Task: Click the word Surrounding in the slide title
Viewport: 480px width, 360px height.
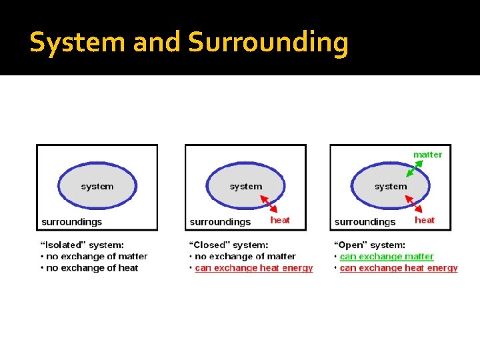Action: tap(268, 43)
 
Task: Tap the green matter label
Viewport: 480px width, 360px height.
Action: tap(427, 155)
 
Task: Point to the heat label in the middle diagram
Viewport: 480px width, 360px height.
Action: tap(280, 220)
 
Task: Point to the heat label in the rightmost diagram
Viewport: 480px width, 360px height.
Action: tap(425, 220)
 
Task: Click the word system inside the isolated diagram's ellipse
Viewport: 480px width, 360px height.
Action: tap(97, 187)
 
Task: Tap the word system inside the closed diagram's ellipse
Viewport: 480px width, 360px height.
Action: tap(246, 187)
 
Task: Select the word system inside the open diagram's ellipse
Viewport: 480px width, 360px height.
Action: tap(391, 187)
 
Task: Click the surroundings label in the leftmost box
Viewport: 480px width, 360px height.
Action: tap(72, 221)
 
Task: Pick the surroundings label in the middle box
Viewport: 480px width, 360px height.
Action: tap(220, 221)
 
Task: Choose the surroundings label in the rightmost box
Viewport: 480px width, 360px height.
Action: tap(365, 221)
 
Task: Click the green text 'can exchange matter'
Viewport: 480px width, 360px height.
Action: tap(387, 257)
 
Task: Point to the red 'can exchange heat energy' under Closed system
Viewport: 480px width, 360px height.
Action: tap(253, 268)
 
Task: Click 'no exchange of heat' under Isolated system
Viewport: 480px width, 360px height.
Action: tap(92, 268)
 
